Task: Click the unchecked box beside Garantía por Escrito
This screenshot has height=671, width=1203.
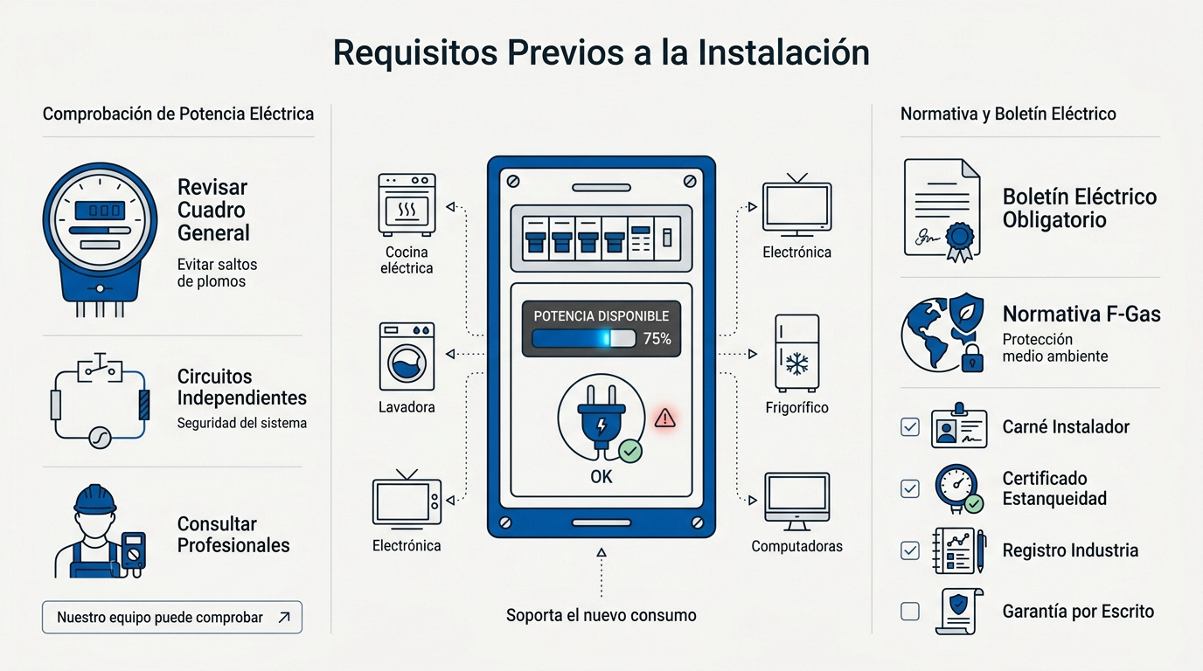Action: pos(910,611)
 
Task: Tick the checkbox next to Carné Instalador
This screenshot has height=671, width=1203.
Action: pos(910,427)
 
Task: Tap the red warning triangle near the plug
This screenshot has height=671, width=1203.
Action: pos(664,418)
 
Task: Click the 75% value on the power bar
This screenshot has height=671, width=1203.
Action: pos(657,339)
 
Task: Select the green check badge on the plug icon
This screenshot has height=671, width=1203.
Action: pos(630,451)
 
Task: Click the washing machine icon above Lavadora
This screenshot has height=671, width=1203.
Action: pos(407,356)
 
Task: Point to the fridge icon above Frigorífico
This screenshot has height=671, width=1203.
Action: pos(797,353)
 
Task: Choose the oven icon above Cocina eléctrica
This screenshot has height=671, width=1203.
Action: pos(407,204)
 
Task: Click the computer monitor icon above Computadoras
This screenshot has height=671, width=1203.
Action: pos(797,502)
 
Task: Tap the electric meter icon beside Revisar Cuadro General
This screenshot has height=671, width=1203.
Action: pos(100,239)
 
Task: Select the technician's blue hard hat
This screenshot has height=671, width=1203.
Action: pos(95,499)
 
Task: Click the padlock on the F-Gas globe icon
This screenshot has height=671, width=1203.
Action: pos(972,357)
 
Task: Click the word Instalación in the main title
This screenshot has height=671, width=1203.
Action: pos(783,52)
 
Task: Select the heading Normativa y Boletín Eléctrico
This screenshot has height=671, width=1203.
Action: pos(1008,114)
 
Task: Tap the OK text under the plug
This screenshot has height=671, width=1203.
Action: pos(601,477)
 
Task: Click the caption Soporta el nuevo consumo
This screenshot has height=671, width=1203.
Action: pos(601,615)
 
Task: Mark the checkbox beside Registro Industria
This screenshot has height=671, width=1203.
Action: pos(910,550)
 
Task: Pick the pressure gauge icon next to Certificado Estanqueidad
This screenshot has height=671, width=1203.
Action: pos(958,488)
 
